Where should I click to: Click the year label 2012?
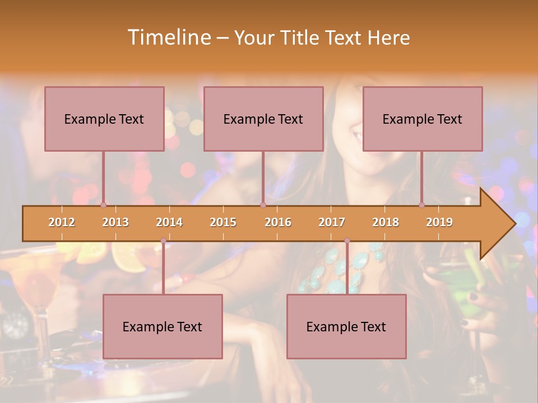click(x=62, y=222)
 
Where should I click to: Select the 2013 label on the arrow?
click(x=115, y=222)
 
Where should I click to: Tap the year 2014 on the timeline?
click(x=169, y=222)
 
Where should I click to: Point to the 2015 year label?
click(x=223, y=222)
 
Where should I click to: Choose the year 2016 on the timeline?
click(x=278, y=222)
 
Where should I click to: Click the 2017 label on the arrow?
click(x=332, y=222)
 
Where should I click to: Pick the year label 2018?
click(x=386, y=222)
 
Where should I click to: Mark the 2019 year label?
click(x=439, y=222)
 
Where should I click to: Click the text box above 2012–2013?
click(x=104, y=119)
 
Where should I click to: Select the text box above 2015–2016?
click(x=263, y=119)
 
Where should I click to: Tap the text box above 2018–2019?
click(x=423, y=119)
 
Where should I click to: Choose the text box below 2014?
click(x=163, y=326)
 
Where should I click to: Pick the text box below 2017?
click(x=346, y=326)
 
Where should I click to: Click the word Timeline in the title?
click(x=168, y=38)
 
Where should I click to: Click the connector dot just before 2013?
click(x=103, y=205)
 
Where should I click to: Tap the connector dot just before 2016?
click(x=263, y=205)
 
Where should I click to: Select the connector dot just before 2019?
click(x=421, y=205)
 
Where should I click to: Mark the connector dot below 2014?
click(x=163, y=241)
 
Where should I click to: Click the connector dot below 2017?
click(x=347, y=241)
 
